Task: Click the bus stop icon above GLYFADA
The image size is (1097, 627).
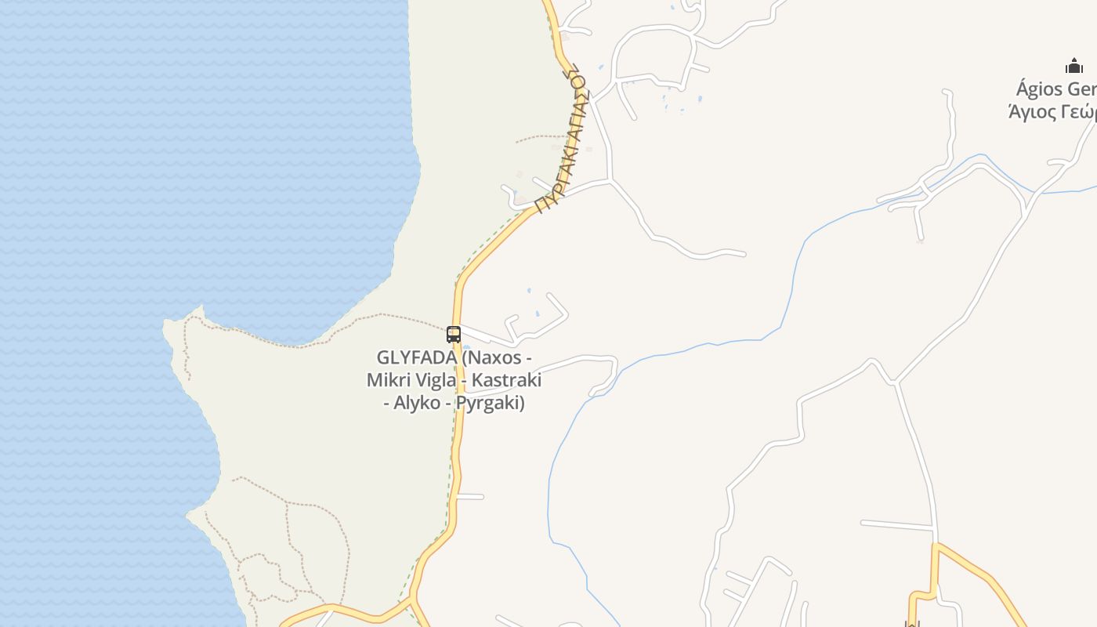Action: (x=453, y=335)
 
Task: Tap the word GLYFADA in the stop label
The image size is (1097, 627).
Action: (x=416, y=358)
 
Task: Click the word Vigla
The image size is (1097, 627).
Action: (x=434, y=381)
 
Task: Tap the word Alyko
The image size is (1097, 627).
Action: (x=417, y=404)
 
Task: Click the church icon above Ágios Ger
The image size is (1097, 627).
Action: (x=1073, y=67)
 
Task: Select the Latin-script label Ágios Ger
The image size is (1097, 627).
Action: (x=1055, y=89)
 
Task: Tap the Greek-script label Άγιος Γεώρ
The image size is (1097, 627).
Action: (x=1052, y=111)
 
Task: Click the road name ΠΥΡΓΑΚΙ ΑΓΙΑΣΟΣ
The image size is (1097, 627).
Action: (x=561, y=140)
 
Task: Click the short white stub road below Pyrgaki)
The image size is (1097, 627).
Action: (x=472, y=496)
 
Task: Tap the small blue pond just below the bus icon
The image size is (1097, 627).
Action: (x=466, y=347)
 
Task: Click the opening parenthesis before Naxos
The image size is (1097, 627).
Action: (x=465, y=358)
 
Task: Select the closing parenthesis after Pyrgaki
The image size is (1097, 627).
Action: (x=521, y=404)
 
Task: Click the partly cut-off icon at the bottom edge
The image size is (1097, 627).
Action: (x=911, y=624)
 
